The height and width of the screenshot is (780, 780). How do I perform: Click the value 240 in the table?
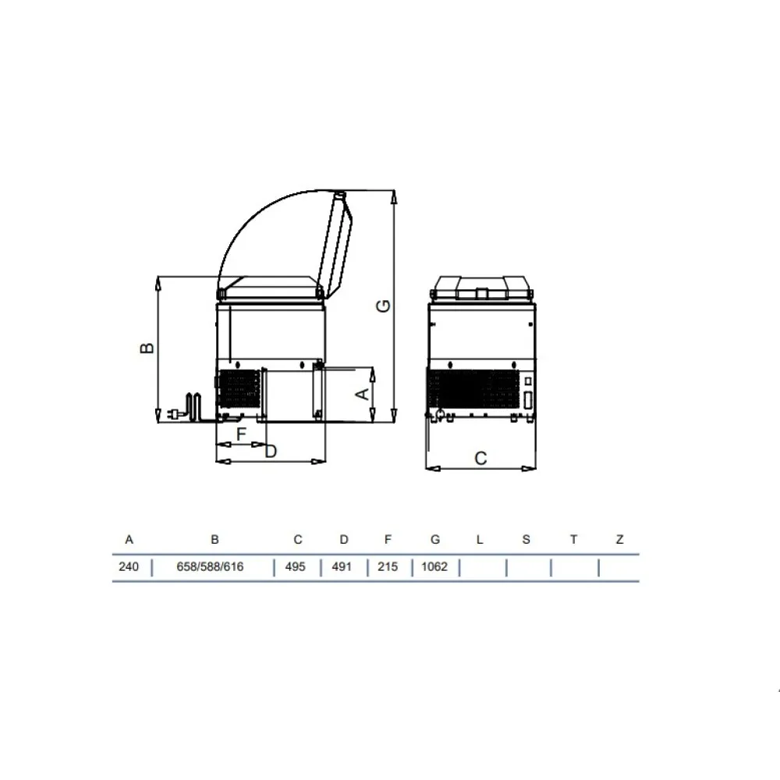click(x=128, y=567)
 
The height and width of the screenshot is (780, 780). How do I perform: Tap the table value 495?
click(x=295, y=567)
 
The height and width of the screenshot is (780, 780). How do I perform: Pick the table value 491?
click(x=342, y=567)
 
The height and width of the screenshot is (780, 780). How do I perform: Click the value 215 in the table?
click(x=388, y=567)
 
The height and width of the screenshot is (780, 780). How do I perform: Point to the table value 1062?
click(x=434, y=567)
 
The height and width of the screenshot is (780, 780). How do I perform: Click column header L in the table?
click(x=480, y=540)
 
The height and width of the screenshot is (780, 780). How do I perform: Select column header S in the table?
click(x=526, y=540)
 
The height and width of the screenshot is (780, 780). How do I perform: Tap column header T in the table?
click(x=573, y=540)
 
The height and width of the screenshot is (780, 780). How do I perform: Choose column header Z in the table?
click(x=619, y=540)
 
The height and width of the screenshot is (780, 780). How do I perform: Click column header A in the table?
click(x=129, y=540)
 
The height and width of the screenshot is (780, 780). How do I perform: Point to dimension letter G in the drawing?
click(x=383, y=307)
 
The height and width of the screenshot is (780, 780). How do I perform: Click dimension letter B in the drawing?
click(x=147, y=347)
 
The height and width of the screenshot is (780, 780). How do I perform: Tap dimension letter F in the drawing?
click(x=241, y=433)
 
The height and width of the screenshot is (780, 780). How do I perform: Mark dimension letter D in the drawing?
click(x=271, y=451)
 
